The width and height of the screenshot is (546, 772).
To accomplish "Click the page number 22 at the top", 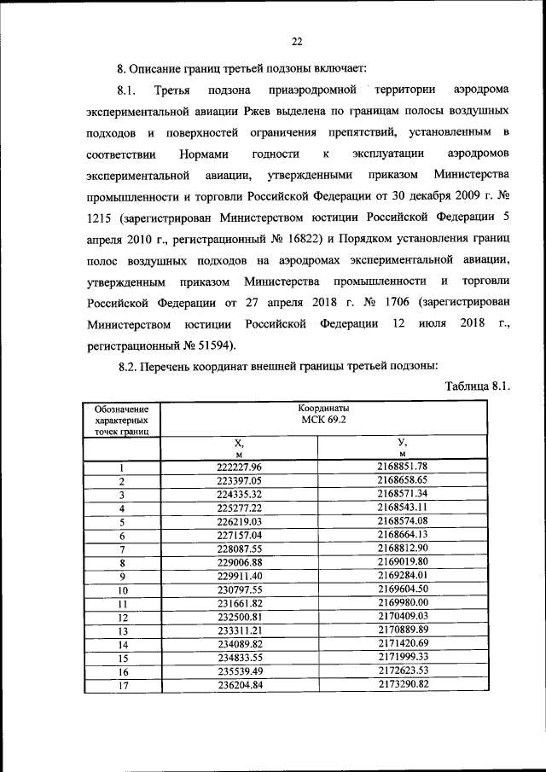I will pos(296,41).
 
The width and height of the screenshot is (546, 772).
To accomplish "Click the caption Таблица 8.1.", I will pos(478,386).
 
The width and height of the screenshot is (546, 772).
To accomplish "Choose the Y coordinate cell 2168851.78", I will pos(401,466).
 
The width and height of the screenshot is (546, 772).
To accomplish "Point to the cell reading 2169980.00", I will pos(401,602).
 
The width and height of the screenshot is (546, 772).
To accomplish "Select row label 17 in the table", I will pos(122,685).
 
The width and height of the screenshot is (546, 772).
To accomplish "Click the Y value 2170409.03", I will pos(401,616).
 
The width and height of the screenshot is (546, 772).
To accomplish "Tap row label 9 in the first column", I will pos(122,576).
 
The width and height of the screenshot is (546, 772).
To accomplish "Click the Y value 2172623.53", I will pos(401,670).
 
